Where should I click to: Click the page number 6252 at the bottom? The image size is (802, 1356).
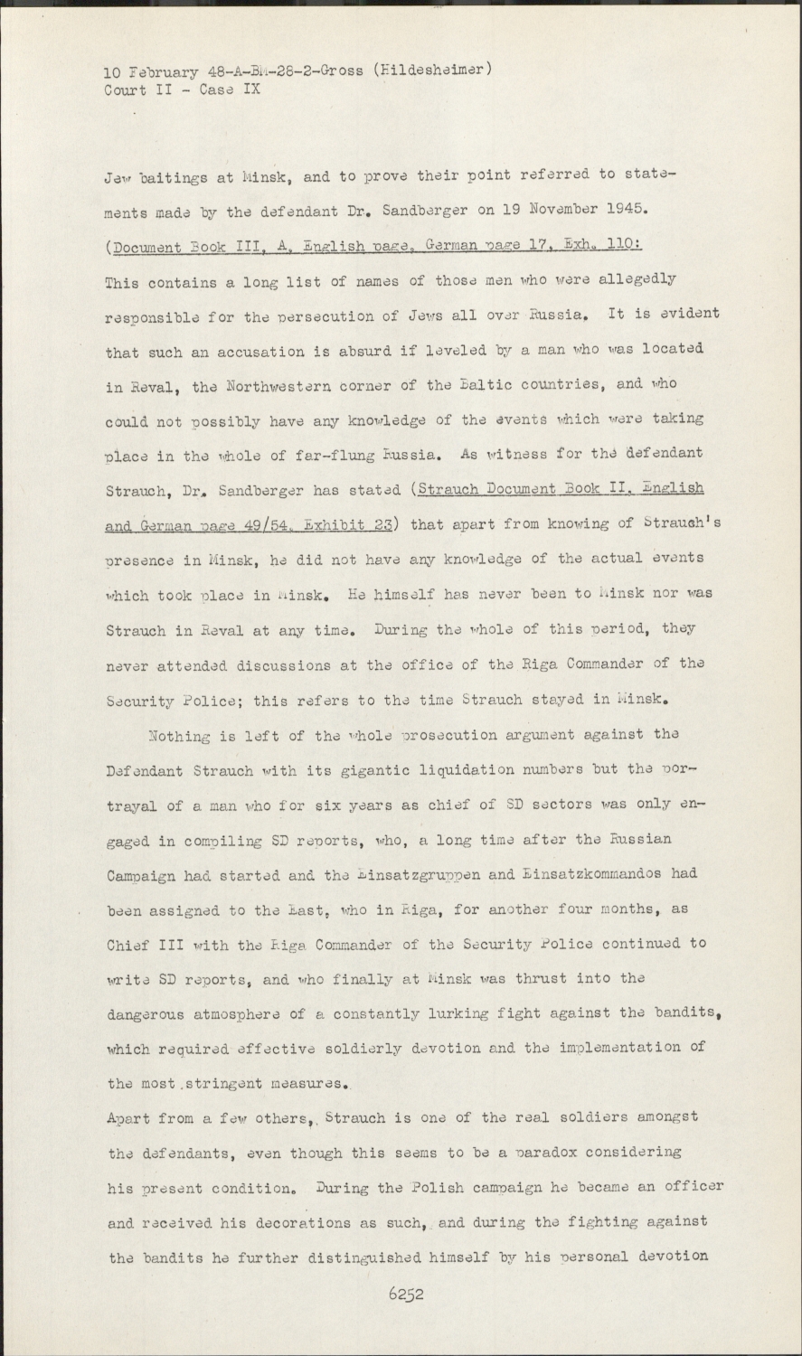coord(406,1294)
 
